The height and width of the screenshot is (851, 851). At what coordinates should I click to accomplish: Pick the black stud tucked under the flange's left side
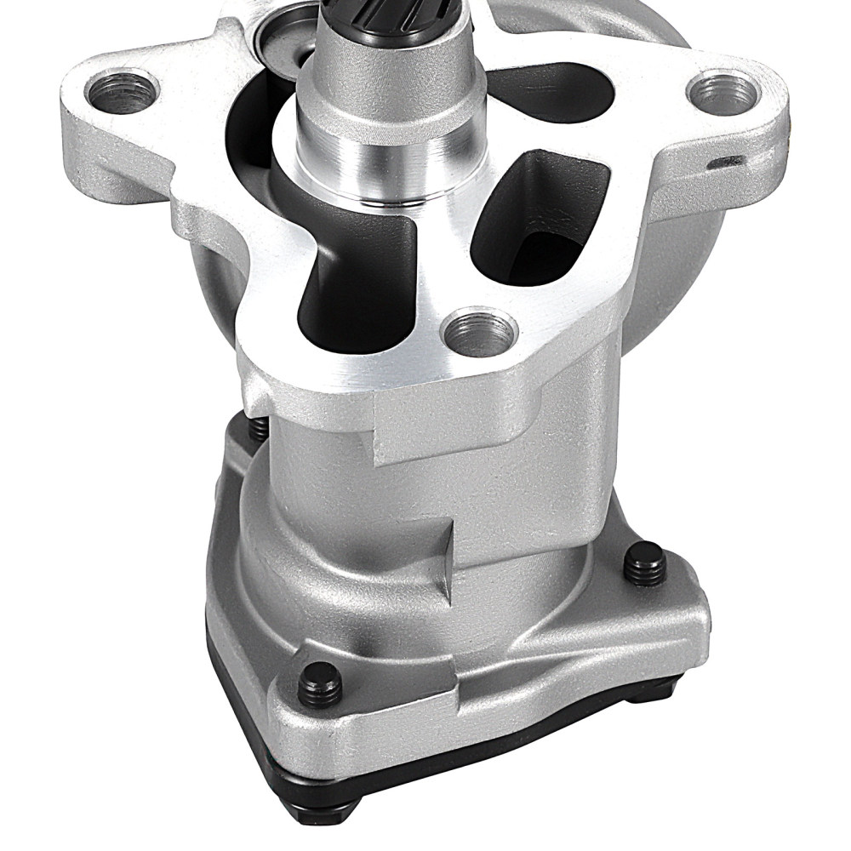pos(259,428)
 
